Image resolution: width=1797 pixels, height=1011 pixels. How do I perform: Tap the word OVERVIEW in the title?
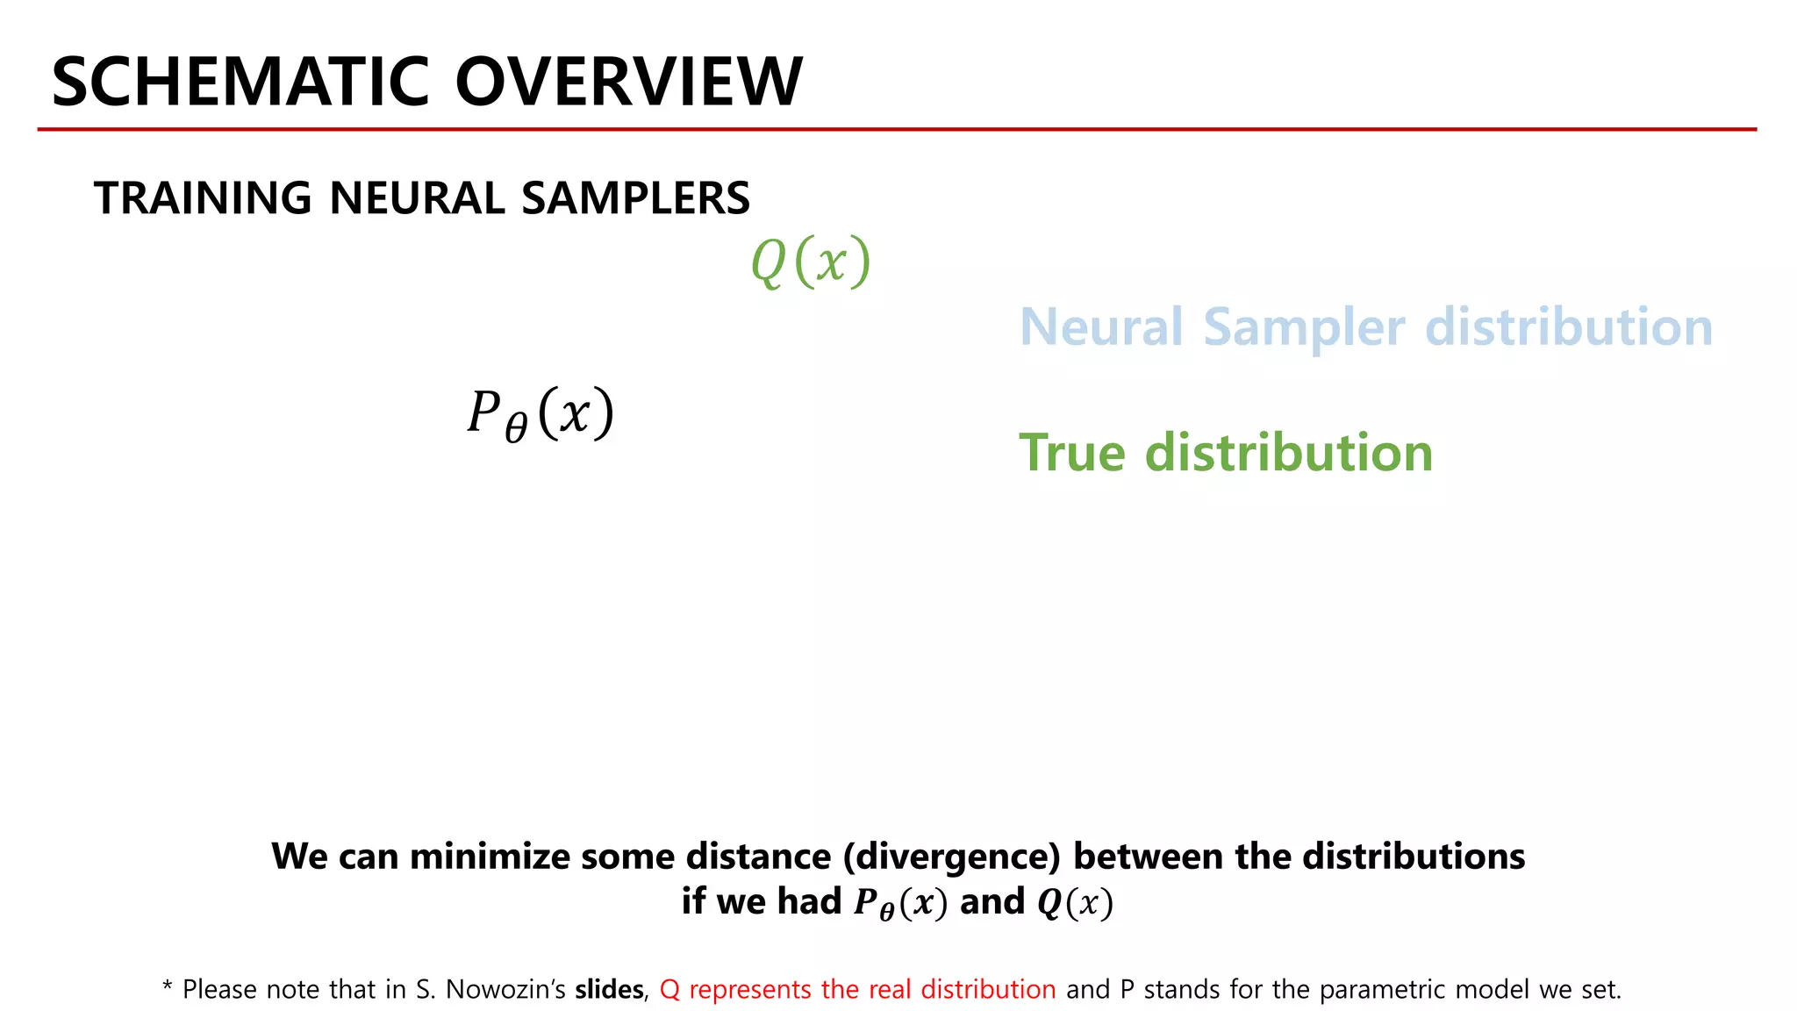click(x=628, y=82)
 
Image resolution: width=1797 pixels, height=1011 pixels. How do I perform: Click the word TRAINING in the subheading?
click(x=203, y=198)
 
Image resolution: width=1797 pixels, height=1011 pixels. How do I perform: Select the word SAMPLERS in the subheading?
click(x=635, y=198)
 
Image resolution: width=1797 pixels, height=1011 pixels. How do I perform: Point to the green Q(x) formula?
click(x=811, y=262)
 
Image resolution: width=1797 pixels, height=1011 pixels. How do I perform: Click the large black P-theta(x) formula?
click(x=540, y=413)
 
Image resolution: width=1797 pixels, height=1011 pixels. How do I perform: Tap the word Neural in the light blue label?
click(x=1101, y=327)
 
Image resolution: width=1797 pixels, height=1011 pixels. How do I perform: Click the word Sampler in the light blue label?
click(x=1305, y=329)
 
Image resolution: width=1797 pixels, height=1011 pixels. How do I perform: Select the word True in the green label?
click(x=1071, y=453)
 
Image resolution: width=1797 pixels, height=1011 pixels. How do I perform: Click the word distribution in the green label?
click(x=1289, y=453)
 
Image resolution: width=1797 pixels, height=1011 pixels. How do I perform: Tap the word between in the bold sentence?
click(x=1149, y=857)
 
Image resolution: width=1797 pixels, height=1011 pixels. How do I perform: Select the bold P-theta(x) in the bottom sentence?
click(x=901, y=903)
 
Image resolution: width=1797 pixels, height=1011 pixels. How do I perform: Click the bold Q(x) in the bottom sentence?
click(x=1075, y=903)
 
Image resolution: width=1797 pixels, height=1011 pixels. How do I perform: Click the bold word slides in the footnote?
click(x=609, y=990)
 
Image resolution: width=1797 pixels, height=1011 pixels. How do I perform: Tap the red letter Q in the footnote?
click(x=669, y=990)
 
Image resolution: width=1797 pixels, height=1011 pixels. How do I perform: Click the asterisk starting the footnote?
click(x=168, y=987)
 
